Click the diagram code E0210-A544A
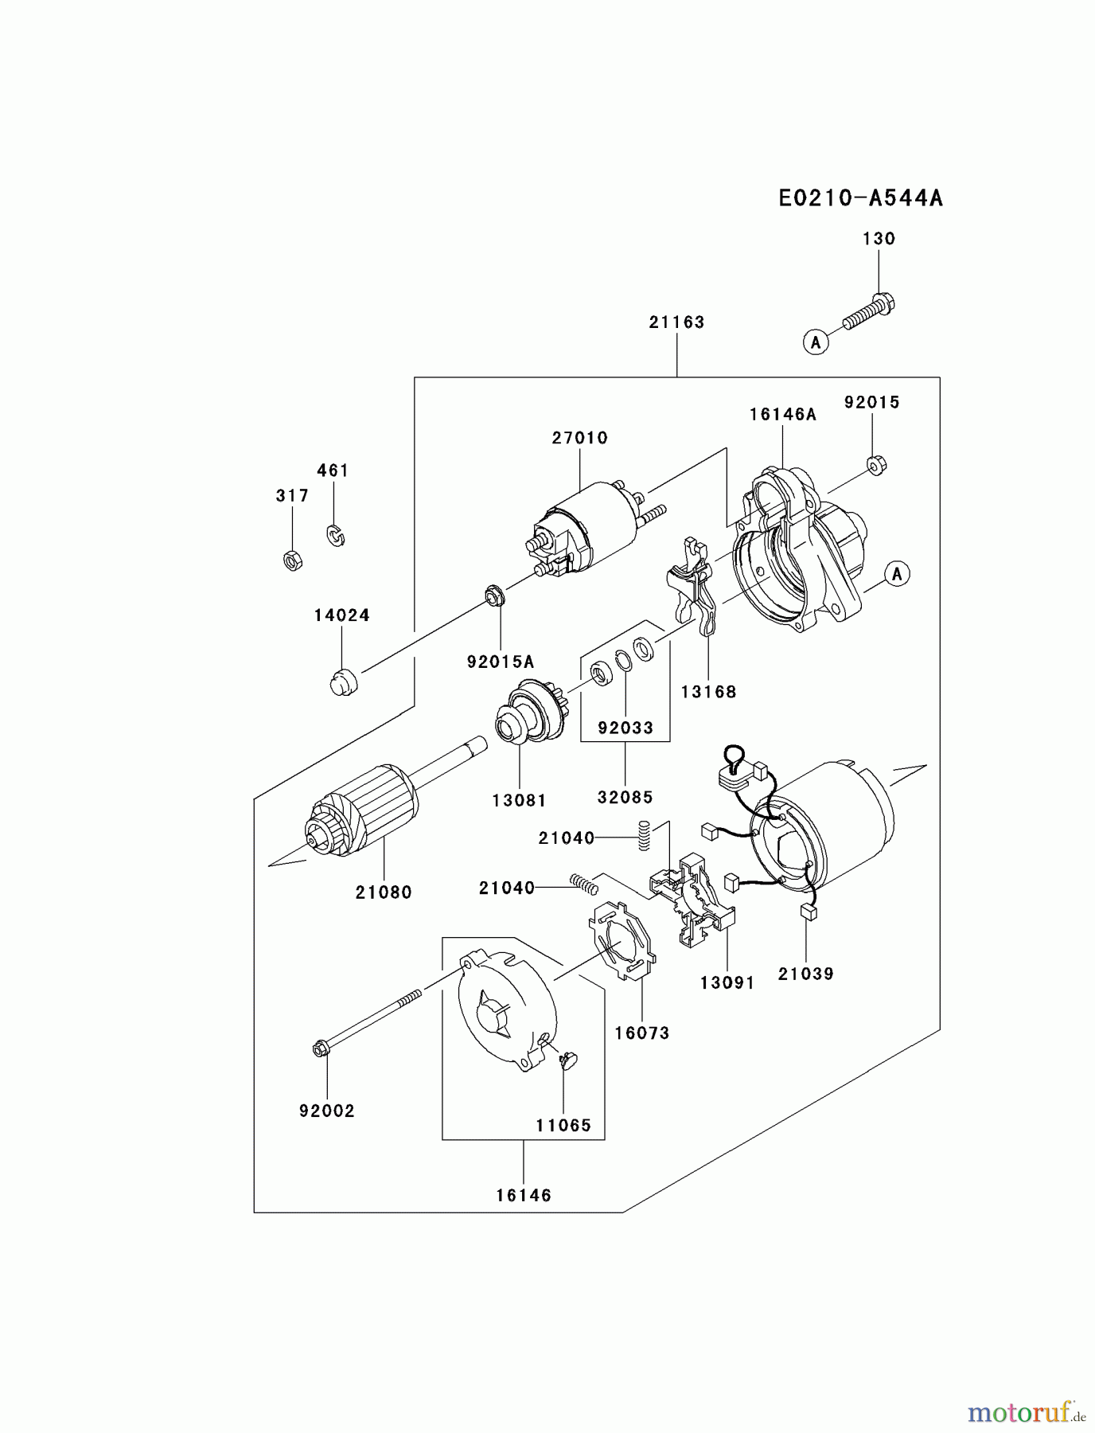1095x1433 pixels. tap(860, 198)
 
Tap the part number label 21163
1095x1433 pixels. tap(676, 322)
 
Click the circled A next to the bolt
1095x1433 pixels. tap(814, 342)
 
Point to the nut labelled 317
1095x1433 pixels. tap(292, 560)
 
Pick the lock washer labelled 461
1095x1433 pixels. tap(336, 535)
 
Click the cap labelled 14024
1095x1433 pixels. tap(344, 682)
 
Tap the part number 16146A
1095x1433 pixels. tap(782, 415)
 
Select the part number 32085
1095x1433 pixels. tap(625, 797)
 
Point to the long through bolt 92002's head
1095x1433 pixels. tap(319, 1049)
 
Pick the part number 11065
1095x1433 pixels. tap(563, 1126)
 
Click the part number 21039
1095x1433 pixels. tap(805, 974)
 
